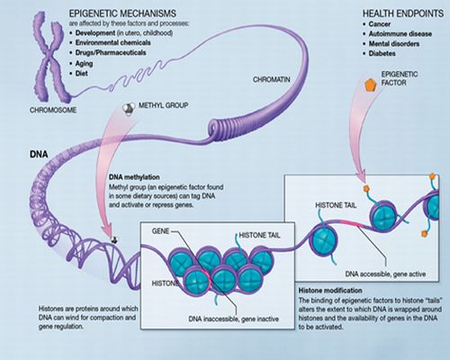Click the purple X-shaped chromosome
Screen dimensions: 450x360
click(x=50, y=58)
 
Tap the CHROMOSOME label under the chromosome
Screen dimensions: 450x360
click(x=53, y=110)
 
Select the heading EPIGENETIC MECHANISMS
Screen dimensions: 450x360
click(x=122, y=13)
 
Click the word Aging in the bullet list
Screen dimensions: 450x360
click(x=84, y=64)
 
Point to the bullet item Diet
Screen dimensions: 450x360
click(x=78, y=74)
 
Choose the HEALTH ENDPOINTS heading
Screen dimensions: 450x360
click(x=403, y=13)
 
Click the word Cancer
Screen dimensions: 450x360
click(x=380, y=24)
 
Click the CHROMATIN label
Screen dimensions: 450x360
click(x=272, y=79)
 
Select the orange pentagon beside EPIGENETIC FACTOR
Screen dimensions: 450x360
click(x=370, y=85)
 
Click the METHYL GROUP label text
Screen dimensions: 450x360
click(x=163, y=105)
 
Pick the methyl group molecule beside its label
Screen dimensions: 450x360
click(x=129, y=109)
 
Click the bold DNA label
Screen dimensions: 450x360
click(x=39, y=154)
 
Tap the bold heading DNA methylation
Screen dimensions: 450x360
click(x=134, y=177)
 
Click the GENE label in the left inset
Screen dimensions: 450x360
click(x=160, y=231)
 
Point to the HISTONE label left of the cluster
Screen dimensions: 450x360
click(x=166, y=283)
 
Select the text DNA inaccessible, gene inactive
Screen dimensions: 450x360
click(x=233, y=319)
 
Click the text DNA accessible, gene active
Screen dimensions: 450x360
click(x=385, y=274)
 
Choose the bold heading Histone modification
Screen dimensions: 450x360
click(x=330, y=291)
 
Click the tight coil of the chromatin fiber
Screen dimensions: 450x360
click(x=222, y=129)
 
